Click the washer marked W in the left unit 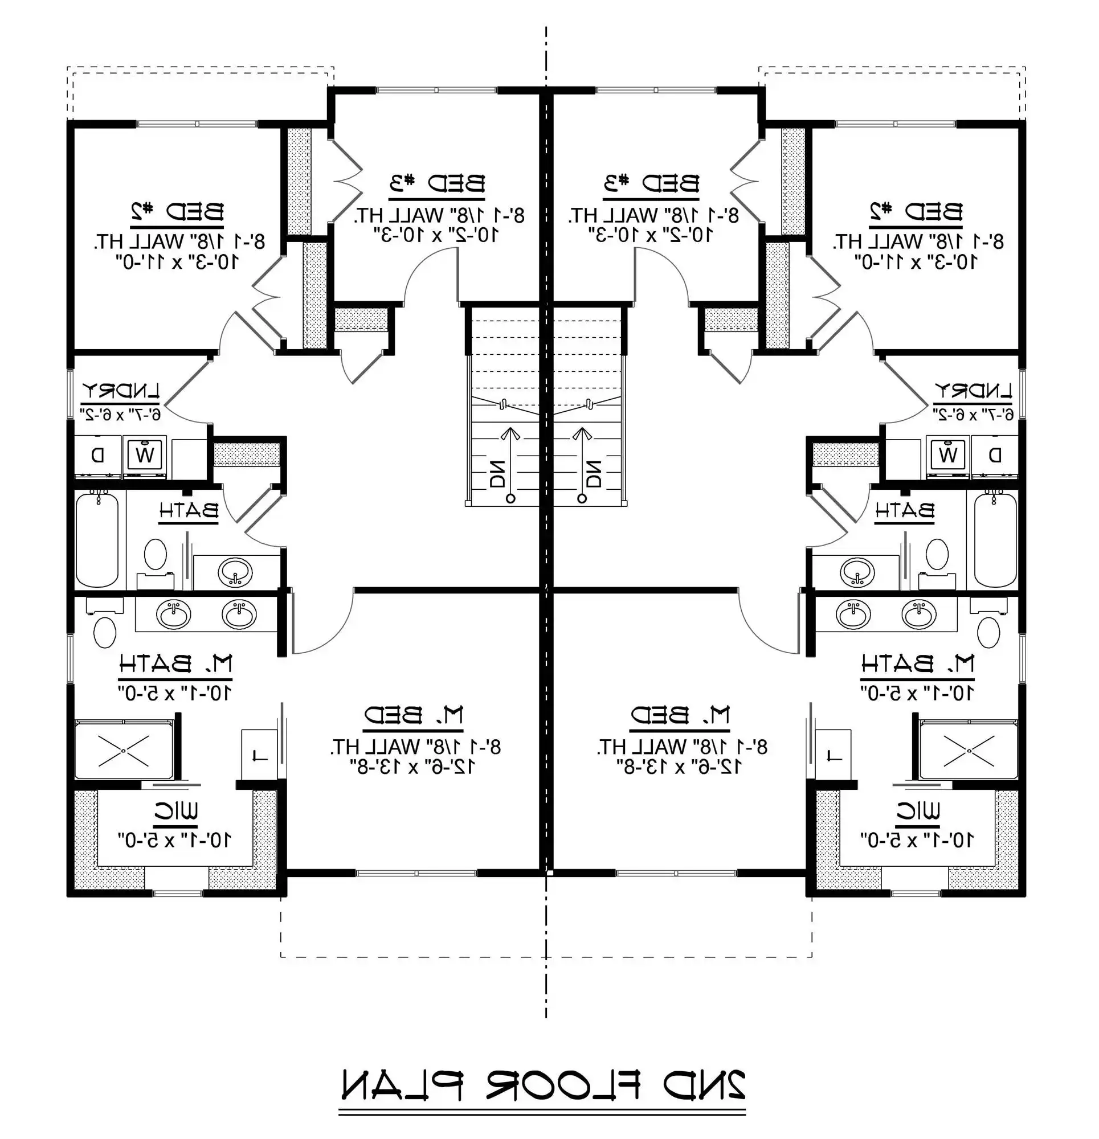pyautogui.click(x=144, y=454)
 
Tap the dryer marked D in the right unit pyautogui.click(x=995, y=454)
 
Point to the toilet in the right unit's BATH pyautogui.click(x=937, y=554)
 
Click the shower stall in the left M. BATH pyautogui.click(x=124, y=749)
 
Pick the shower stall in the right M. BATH pyautogui.click(x=969, y=749)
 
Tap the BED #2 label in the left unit pyautogui.click(x=177, y=211)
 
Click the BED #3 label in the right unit pyautogui.click(x=651, y=183)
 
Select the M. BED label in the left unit pyautogui.click(x=414, y=715)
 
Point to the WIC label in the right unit pyautogui.click(x=918, y=811)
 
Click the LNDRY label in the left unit pyautogui.click(x=120, y=391)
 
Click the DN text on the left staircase pyautogui.click(x=498, y=474)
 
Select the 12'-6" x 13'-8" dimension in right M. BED pyautogui.click(x=679, y=767)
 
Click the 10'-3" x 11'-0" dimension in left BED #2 pyautogui.click(x=177, y=261)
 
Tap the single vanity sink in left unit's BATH pyautogui.click(x=235, y=573)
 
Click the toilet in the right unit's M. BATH pyautogui.click(x=988, y=632)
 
